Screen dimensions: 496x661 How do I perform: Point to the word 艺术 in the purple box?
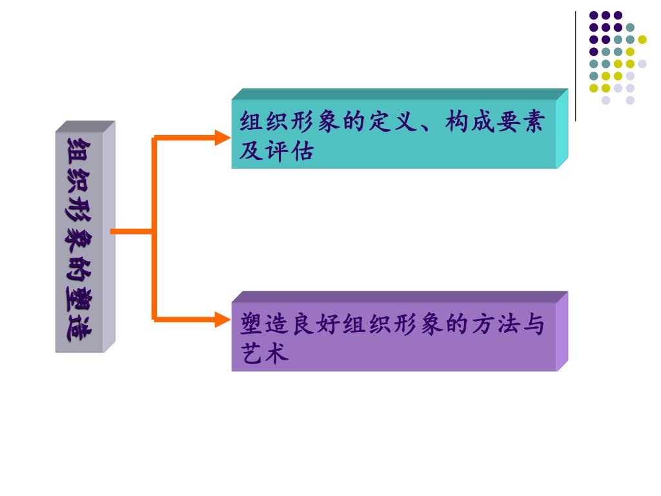[x=265, y=354]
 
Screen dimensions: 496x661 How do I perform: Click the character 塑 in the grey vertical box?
[x=80, y=298]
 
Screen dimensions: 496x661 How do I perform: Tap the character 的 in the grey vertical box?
[x=80, y=267]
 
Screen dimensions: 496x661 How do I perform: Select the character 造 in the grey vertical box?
[x=80, y=329]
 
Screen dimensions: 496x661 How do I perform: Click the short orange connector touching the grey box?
[x=132, y=231]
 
